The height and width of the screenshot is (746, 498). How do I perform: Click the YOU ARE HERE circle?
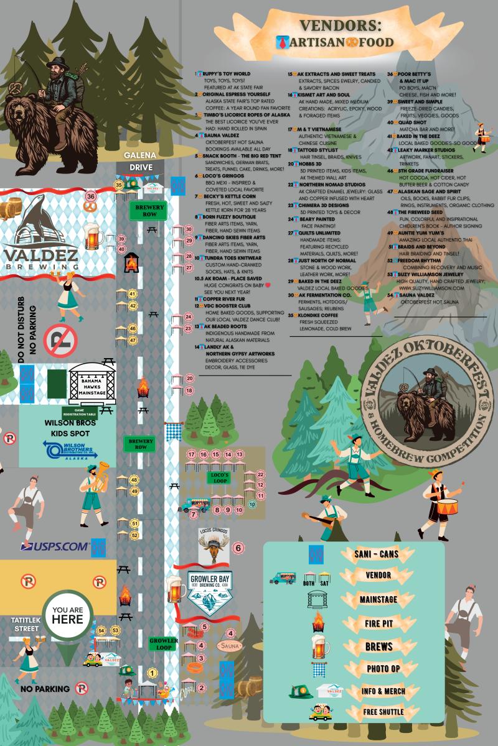click(68, 614)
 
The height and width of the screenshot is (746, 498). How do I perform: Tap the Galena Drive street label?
click(139, 162)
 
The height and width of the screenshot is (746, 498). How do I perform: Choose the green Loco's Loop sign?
click(218, 477)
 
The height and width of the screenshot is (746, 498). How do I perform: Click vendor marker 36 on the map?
click(91, 197)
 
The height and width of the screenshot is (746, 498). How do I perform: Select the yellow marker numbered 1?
click(152, 672)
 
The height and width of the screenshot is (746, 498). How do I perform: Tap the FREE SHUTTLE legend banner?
click(378, 711)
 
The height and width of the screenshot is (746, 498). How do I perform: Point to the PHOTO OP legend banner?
click(378, 668)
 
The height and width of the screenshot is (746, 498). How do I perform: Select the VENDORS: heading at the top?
click(339, 25)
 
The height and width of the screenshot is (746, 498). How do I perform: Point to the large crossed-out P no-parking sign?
click(61, 340)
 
